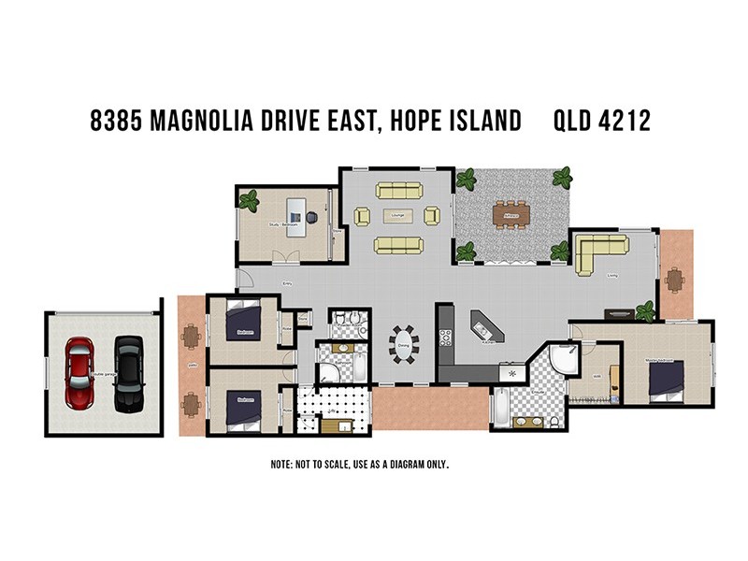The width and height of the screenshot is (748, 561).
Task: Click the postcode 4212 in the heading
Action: [x=626, y=121]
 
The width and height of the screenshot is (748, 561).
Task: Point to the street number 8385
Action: [x=120, y=121]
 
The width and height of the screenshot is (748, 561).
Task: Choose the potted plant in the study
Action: [x=249, y=199]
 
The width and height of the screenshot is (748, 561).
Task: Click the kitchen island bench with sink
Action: [x=486, y=327]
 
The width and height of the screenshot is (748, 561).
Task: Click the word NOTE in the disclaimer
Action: [x=281, y=464]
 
